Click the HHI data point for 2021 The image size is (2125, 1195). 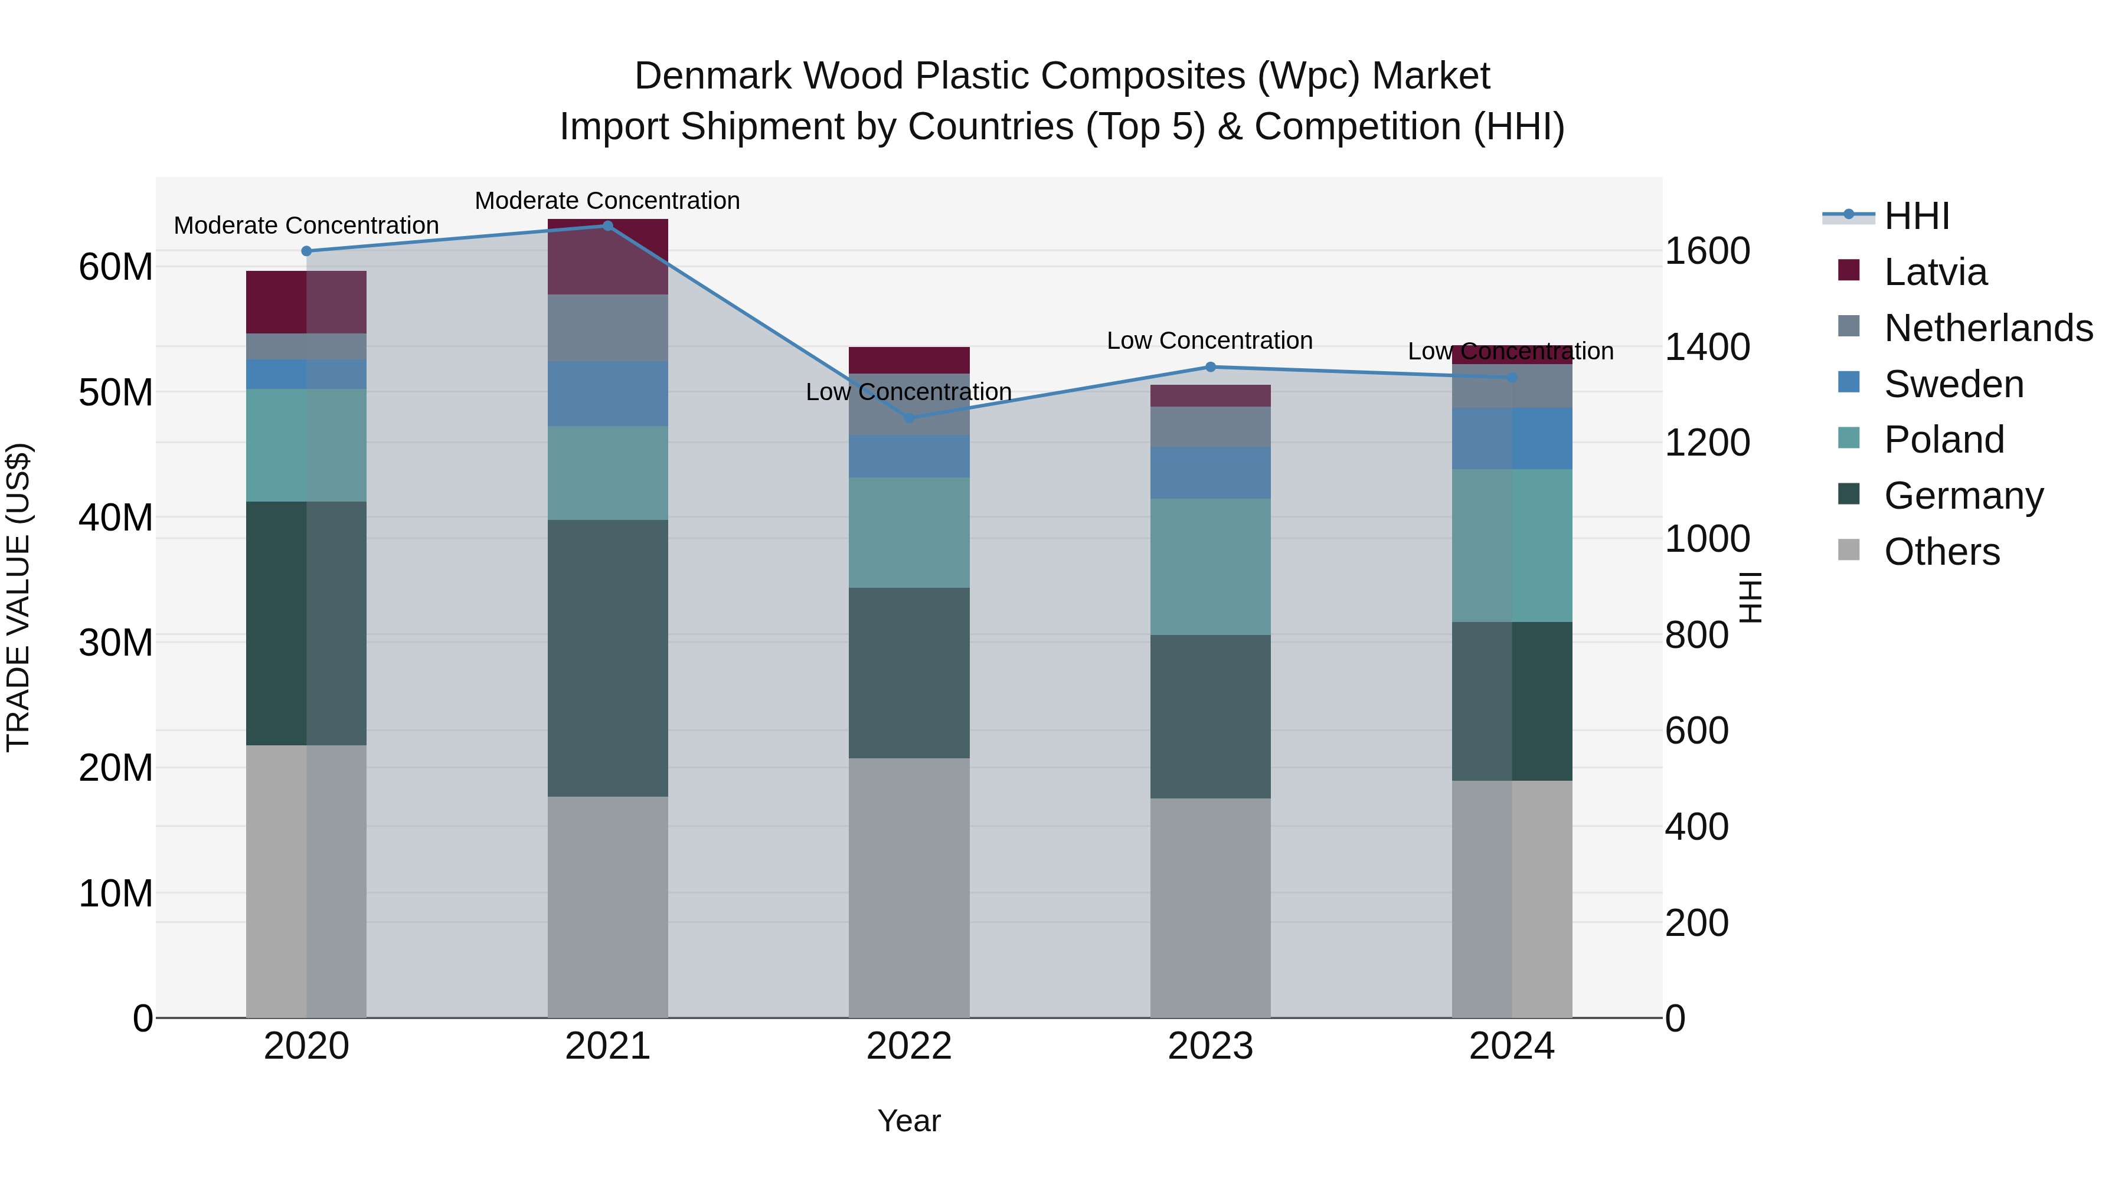click(x=608, y=226)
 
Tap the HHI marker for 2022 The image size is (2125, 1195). click(x=910, y=418)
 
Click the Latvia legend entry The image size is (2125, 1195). click(x=1936, y=272)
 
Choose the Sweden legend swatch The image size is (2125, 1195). click(x=1849, y=382)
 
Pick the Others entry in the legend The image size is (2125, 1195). click(x=1942, y=552)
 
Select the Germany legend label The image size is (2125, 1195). click(x=1964, y=496)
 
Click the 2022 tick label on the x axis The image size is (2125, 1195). click(x=909, y=1046)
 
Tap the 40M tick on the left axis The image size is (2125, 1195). click(x=116, y=518)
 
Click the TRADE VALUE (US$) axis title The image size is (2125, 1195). click(x=18, y=597)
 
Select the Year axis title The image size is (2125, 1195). click(x=909, y=1121)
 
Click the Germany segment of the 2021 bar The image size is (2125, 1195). click(x=608, y=657)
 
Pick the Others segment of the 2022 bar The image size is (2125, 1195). click(x=909, y=888)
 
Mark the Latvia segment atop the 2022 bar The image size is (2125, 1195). click(x=909, y=361)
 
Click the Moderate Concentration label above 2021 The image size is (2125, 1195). click(x=607, y=201)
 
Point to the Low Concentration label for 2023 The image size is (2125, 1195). click(x=1209, y=341)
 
